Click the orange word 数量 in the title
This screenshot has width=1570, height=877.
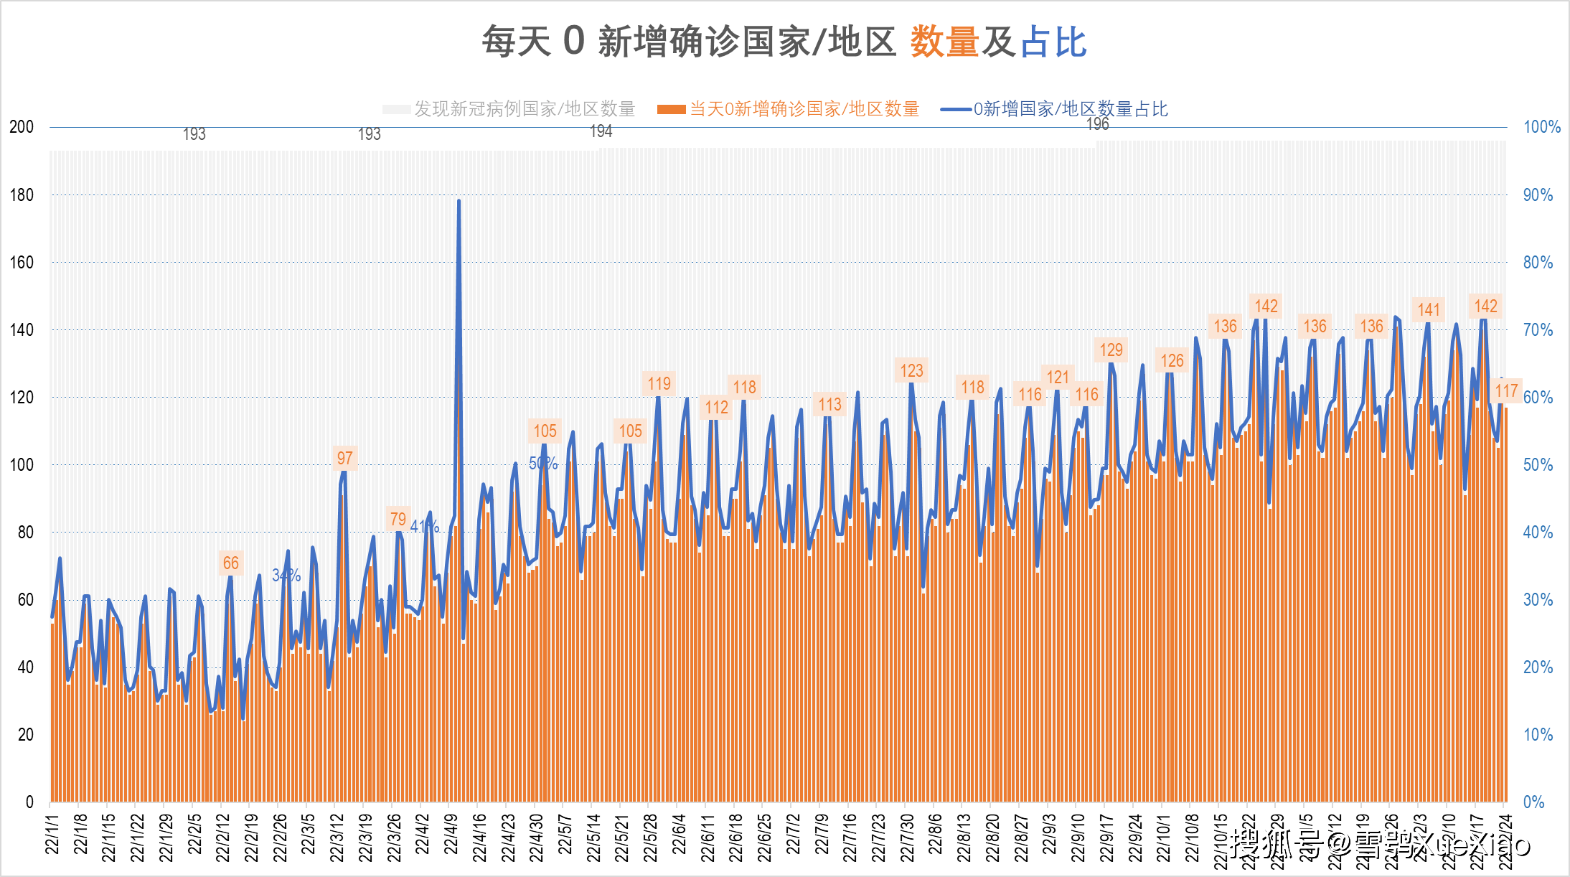[x=944, y=42]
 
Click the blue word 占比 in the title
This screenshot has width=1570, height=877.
[x=1053, y=42]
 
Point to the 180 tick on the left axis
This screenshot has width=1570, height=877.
[x=22, y=195]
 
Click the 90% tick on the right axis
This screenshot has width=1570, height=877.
[x=1538, y=195]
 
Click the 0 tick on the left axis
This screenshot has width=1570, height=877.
[x=29, y=802]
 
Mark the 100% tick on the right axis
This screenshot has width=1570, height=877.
[x=1541, y=127]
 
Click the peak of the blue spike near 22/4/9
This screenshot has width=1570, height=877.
[x=459, y=202]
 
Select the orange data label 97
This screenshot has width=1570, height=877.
[x=344, y=458]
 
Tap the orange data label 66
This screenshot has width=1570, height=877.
[x=230, y=563]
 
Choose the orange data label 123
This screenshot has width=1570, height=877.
[x=911, y=370]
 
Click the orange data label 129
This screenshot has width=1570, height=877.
[x=1111, y=350]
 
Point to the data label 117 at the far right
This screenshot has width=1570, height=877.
[x=1506, y=390]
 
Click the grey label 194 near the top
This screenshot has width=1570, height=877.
[x=601, y=131]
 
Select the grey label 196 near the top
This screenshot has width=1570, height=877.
[x=1097, y=124]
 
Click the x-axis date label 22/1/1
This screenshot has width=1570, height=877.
[x=52, y=833]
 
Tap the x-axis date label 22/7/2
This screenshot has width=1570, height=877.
[x=793, y=833]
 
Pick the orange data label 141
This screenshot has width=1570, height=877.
[x=1428, y=309]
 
